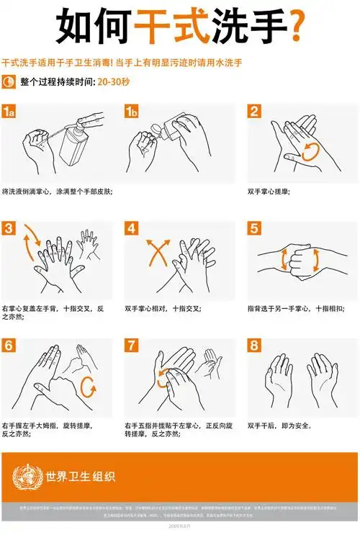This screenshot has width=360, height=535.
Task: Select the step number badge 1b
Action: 132,111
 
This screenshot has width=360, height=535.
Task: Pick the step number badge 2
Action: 254,111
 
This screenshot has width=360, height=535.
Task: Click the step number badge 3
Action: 9,229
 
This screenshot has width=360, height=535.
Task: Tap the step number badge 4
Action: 132,229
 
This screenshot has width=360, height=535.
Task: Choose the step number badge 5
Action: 254,229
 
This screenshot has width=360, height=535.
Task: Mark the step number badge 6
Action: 9,346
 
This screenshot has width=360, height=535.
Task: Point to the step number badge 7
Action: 132,346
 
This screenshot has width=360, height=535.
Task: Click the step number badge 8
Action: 254,346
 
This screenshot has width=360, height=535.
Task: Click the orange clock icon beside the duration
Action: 9,82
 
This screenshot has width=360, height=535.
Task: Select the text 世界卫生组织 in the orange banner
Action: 80,477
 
